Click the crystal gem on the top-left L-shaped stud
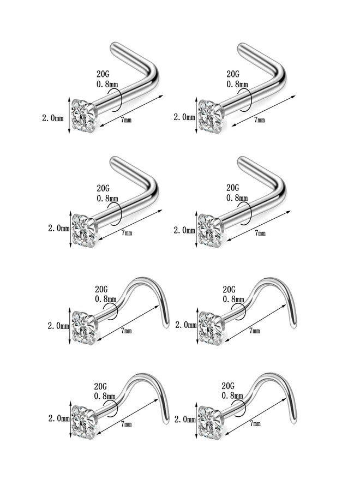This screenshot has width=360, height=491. tap(84, 116)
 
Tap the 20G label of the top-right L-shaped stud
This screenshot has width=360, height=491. tap(233, 74)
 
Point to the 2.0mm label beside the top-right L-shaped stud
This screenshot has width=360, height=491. tap(184, 117)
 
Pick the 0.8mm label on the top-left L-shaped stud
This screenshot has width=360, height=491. tap(107, 84)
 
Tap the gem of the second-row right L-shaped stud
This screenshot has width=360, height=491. tap(211, 230)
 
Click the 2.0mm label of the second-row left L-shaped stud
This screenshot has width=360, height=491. tap(58, 228)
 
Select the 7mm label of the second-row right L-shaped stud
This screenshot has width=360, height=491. tap(260, 233)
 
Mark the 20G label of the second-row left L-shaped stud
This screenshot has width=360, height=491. tap(103, 188)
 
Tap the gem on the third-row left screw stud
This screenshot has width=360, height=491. tap(84, 327)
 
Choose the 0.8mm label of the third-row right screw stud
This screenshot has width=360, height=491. tap(233, 299)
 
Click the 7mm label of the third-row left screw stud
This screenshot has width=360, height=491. tap(127, 331)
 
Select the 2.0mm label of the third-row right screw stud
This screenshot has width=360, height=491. tap(186, 325)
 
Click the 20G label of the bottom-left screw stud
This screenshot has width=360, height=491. tap(100, 386)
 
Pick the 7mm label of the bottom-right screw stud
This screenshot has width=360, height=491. tap(255, 423)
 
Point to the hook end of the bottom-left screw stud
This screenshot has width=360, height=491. tap(167, 421)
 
